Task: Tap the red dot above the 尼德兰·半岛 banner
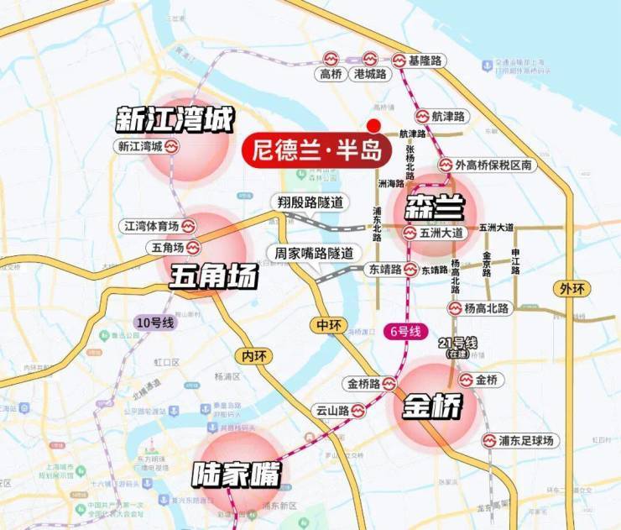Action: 373,123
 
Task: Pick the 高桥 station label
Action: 331,74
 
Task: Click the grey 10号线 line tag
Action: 154,322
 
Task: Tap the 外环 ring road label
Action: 571,289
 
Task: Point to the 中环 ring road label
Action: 326,325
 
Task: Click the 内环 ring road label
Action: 253,355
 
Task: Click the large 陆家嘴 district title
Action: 235,475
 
